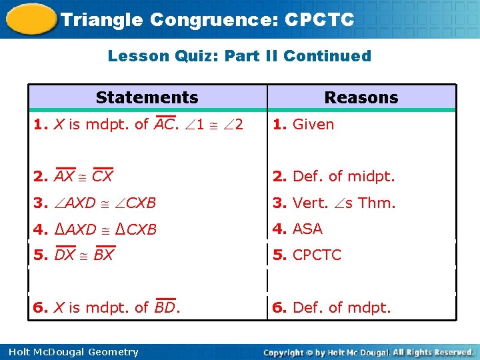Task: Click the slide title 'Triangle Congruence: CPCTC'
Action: [207, 19]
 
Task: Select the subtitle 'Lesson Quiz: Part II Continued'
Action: [239, 56]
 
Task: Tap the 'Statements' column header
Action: [147, 97]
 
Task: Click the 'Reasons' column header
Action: [361, 97]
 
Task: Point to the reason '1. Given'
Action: [303, 124]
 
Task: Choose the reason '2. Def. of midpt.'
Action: [334, 177]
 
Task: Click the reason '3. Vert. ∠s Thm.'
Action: [334, 203]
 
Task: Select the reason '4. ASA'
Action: [297, 229]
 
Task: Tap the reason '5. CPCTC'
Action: [307, 255]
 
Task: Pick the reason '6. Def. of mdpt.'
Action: [332, 307]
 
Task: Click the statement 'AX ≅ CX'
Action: [83, 177]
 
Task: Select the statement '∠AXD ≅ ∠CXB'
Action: [105, 203]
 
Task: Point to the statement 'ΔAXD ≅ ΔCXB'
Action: [105, 229]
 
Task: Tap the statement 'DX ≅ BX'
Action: [84, 255]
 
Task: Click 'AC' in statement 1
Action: [164, 124]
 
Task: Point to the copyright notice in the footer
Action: [368, 352]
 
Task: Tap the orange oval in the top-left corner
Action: [30, 19]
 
